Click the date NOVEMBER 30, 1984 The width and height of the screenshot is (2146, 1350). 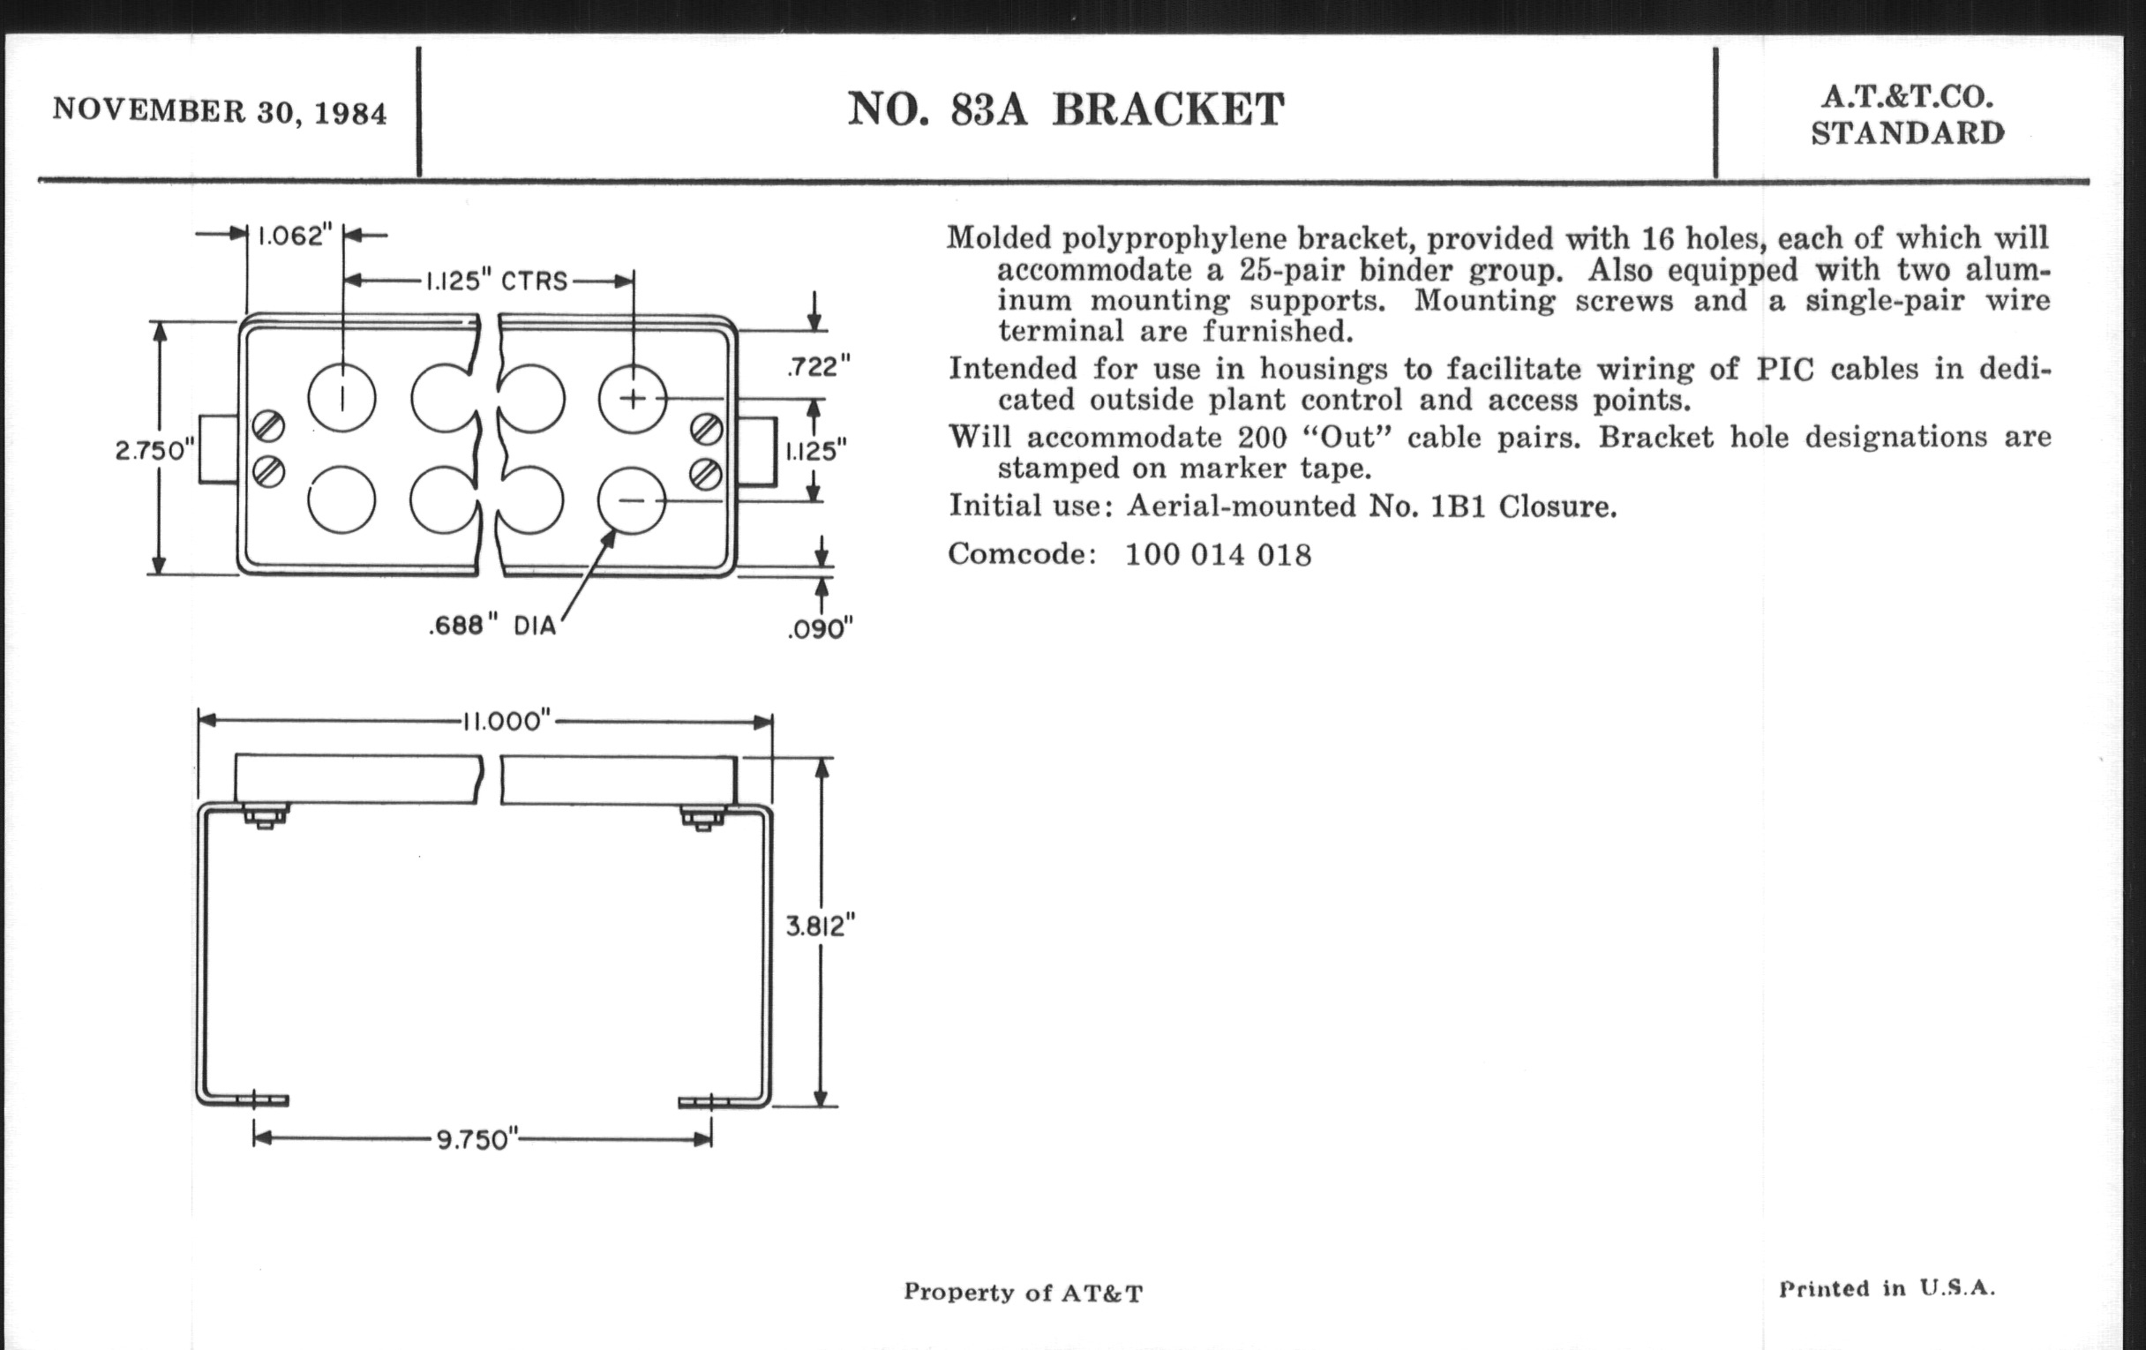click(219, 111)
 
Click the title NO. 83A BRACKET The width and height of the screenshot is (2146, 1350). click(1065, 109)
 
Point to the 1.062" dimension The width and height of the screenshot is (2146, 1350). click(294, 236)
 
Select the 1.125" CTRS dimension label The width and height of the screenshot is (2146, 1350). click(496, 281)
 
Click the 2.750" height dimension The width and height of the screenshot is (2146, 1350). click(154, 450)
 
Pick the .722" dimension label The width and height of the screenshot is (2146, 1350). click(818, 365)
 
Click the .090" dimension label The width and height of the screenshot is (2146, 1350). click(820, 629)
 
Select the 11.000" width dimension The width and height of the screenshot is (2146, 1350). click(506, 720)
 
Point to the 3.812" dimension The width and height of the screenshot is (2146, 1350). click(819, 926)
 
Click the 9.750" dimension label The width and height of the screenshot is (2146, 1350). click(476, 1140)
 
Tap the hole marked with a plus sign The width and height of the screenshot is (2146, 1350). click(632, 398)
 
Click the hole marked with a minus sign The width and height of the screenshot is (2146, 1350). click(631, 501)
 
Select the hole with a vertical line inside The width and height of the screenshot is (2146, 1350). click(342, 398)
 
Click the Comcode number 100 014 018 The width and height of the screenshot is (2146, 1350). click(1218, 555)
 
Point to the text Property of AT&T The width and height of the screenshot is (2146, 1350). click(1022, 1293)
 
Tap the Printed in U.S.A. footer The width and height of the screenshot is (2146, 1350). click(1887, 1288)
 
